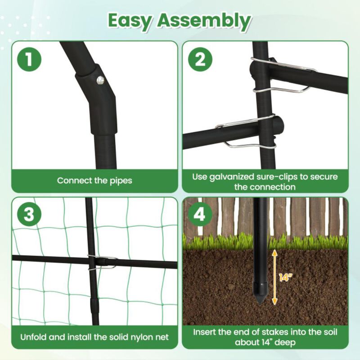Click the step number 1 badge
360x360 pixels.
pyautogui.click(x=29, y=59)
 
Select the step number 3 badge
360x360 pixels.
pyautogui.click(x=29, y=215)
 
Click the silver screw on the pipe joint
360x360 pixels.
pyautogui.click(x=100, y=80)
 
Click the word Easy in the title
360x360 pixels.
pyautogui.click(x=135, y=20)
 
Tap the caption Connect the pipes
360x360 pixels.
pyautogui.click(x=94, y=180)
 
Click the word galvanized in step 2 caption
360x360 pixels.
pyautogui.click(x=234, y=176)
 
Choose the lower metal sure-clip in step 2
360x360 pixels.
pyautogui.click(x=245, y=133)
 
